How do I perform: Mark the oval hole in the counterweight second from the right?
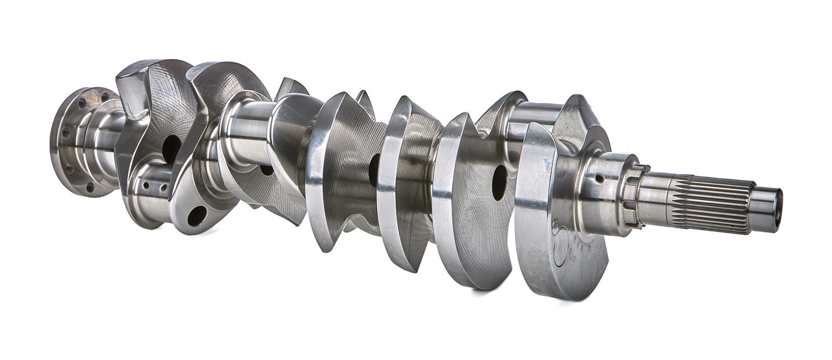[499, 182]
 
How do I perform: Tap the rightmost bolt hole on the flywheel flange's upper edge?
[104, 97]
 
